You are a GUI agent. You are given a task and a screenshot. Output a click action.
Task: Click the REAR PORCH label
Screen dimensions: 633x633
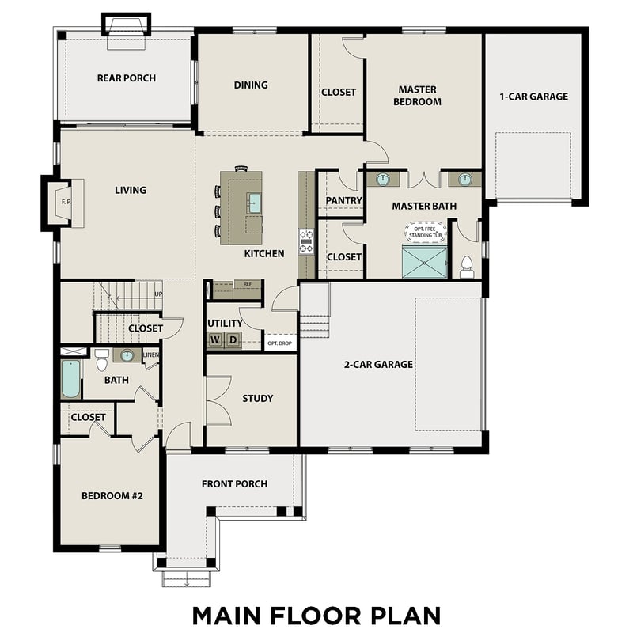(127, 78)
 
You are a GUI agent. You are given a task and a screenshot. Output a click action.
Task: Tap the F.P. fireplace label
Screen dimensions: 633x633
(66, 202)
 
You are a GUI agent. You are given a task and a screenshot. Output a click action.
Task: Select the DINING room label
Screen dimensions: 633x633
(251, 85)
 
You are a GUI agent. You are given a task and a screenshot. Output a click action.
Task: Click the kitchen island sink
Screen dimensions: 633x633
(253, 203)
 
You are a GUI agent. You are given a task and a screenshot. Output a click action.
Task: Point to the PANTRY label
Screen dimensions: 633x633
(343, 201)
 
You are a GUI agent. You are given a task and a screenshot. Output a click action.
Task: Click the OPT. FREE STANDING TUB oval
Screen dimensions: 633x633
(426, 231)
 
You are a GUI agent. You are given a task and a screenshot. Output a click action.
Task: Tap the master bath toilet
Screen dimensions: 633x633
(467, 266)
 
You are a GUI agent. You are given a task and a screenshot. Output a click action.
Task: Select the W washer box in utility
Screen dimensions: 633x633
(214, 340)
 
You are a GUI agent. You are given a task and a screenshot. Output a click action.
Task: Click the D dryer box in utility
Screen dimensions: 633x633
(233, 340)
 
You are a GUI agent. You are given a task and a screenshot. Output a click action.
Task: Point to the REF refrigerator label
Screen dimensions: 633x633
(248, 284)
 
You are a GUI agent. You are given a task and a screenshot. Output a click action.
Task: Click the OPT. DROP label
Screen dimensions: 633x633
(279, 343)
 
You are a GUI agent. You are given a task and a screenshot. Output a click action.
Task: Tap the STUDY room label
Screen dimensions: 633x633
(258, 398)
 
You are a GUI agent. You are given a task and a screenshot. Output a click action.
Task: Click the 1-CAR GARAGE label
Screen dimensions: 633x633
(533, 97)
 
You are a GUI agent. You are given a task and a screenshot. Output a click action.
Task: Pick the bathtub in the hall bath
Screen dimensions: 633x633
(71, 380)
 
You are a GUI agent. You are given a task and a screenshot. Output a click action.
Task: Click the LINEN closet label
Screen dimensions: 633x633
(150, 356)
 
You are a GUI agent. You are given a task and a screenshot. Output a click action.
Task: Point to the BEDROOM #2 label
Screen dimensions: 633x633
(111, 496)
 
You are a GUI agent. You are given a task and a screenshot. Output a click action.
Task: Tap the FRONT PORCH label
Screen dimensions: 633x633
(234, 484)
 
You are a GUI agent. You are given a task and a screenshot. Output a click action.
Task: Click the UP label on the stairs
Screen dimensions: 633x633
(158, 294)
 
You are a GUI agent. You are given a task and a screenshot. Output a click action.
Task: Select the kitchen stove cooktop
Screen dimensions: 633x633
(305, 241)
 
